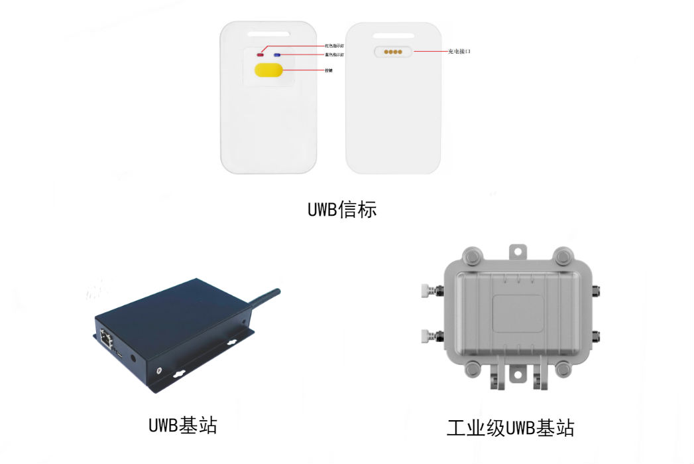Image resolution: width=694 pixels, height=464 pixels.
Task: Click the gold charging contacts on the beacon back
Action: (392, 50)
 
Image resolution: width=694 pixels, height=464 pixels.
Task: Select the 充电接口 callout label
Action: (459, 51)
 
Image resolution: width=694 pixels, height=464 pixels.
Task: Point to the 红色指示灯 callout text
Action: (334, 46)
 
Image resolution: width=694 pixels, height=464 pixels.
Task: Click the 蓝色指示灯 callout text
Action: (334, 54)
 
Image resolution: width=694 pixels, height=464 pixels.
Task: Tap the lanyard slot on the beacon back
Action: (392, 32)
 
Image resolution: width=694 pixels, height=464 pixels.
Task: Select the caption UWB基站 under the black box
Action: (183, 424)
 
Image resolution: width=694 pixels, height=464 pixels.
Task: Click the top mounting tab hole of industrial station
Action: (518, 250)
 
